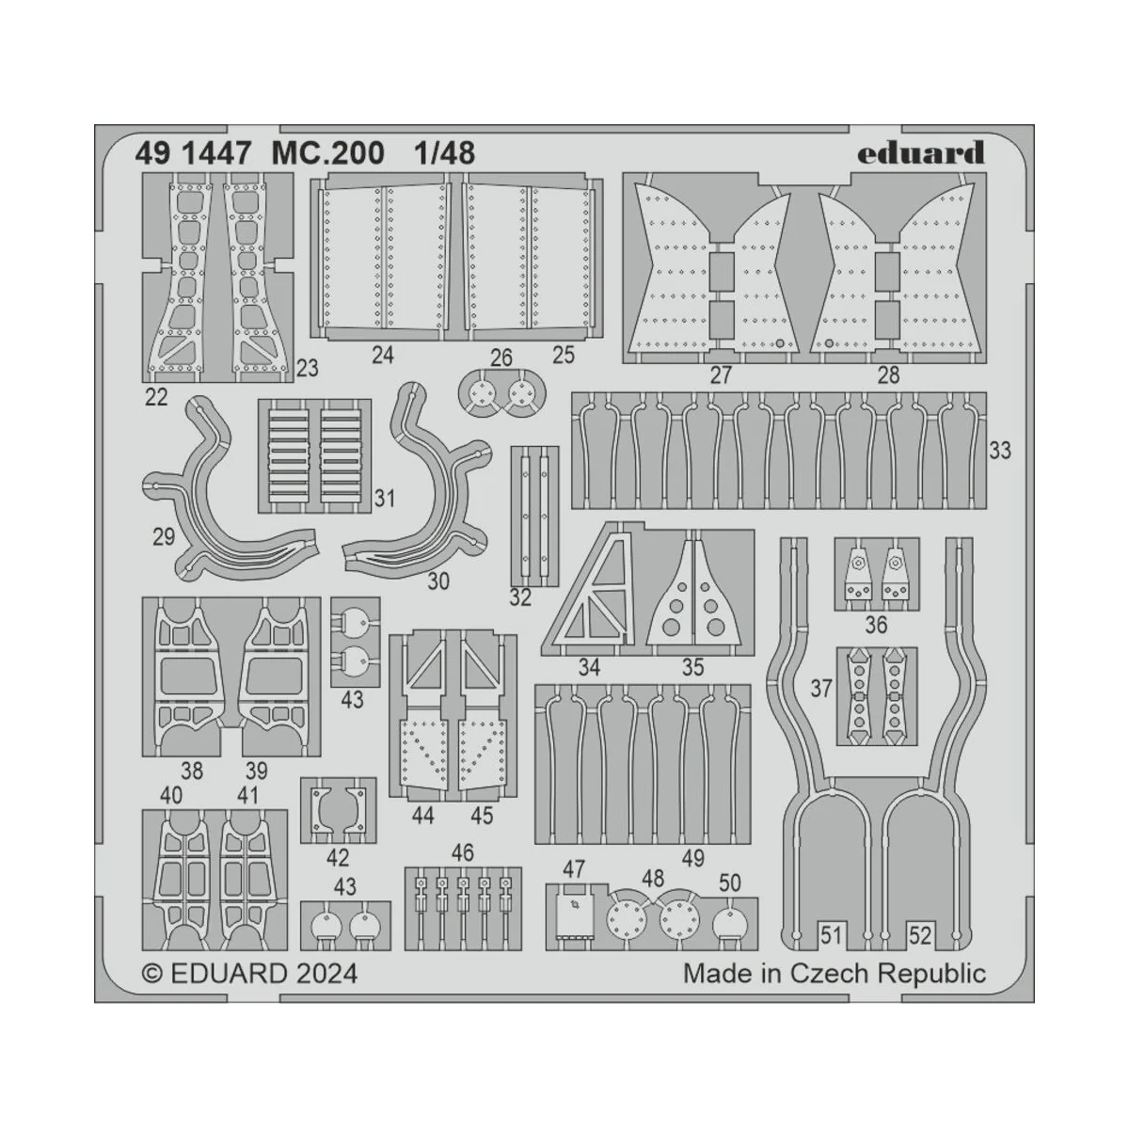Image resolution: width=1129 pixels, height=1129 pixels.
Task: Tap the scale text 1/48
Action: [442, 153]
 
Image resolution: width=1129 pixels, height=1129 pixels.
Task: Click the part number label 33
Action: [999, 451]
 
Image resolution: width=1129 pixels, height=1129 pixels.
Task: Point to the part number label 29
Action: [163, 537]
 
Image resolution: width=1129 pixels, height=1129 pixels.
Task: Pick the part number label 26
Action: [501, 358]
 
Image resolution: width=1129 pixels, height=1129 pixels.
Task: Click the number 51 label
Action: [830, 935]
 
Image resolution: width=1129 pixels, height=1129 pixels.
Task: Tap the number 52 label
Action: [920, 935]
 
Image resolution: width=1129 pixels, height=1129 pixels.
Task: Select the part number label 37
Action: [821, 690]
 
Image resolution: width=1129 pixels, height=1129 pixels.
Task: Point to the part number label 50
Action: [729, 883]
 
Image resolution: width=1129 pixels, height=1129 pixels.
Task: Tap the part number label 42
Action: [337, 857]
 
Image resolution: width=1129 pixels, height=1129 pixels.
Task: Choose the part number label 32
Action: [520, 596]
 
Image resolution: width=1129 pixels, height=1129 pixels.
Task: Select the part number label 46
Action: [462, 853]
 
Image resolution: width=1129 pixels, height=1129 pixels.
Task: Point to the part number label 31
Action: [384, 499]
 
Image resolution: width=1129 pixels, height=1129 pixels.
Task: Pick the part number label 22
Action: [156, 397]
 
